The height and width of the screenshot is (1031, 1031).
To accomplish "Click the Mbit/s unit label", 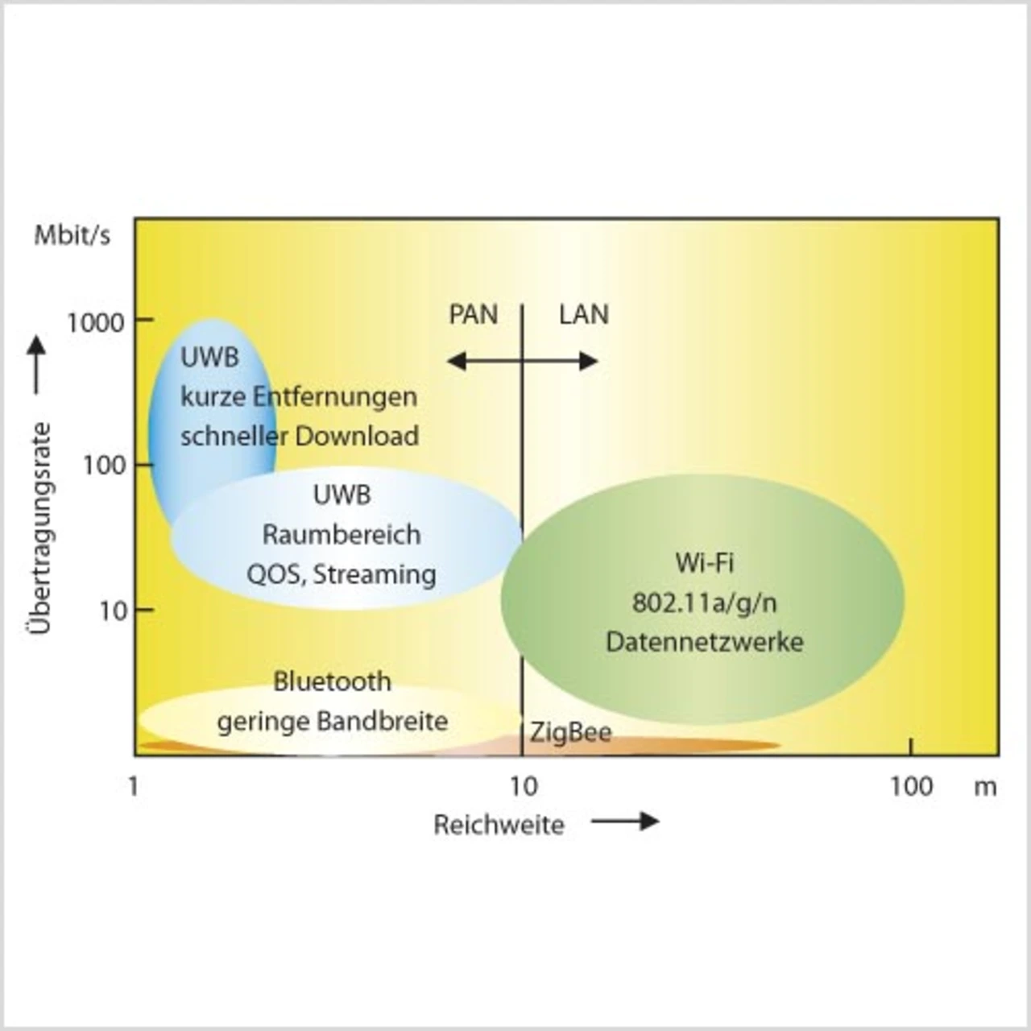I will [x=72, y=235].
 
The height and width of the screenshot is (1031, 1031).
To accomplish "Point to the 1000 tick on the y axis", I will [x=96, y=322].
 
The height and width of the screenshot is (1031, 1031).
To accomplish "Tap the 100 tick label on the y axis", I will [x=105, y=465].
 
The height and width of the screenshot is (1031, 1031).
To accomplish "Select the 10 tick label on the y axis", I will [x=114, y=611].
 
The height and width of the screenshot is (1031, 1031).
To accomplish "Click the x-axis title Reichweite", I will [x=499, y=825].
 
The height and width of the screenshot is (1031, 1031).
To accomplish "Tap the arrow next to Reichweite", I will [x=625, y=822].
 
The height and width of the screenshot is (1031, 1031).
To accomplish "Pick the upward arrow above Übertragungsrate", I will [x=37, y=365].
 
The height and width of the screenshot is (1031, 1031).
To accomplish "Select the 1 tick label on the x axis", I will [x=134, y=786].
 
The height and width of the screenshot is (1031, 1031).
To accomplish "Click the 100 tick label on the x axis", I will [x=911, y=786].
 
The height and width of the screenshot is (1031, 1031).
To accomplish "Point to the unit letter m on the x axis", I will [x=985, y=787].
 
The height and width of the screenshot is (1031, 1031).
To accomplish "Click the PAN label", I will [x=473, y=314].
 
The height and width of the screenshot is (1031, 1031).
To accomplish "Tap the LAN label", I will [x=584, y=314].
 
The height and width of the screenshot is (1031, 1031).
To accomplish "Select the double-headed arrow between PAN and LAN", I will [x=522, y=361].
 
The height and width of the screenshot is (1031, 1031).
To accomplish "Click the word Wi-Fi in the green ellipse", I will [x=704, y=562].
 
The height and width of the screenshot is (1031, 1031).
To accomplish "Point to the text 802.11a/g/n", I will [x=704, y=602].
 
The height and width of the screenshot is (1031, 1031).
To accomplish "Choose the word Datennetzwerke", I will [x=704, y=642].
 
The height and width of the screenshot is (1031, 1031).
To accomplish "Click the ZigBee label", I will [x=570, y=733].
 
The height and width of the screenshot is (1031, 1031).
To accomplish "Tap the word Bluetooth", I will [x=332, y=681].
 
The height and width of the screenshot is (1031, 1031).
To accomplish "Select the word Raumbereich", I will [x=342, y=534].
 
